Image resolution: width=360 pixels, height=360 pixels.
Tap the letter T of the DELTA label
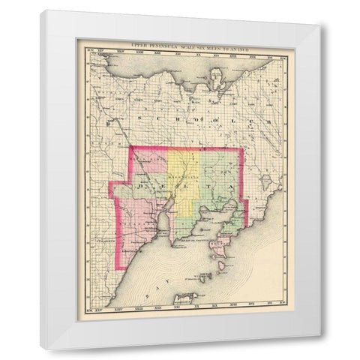(217, 184)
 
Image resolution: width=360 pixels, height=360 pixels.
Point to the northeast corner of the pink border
(242, 149)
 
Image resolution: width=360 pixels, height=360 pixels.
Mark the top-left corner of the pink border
(131, 148)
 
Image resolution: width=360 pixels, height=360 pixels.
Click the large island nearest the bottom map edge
(184, 297)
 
